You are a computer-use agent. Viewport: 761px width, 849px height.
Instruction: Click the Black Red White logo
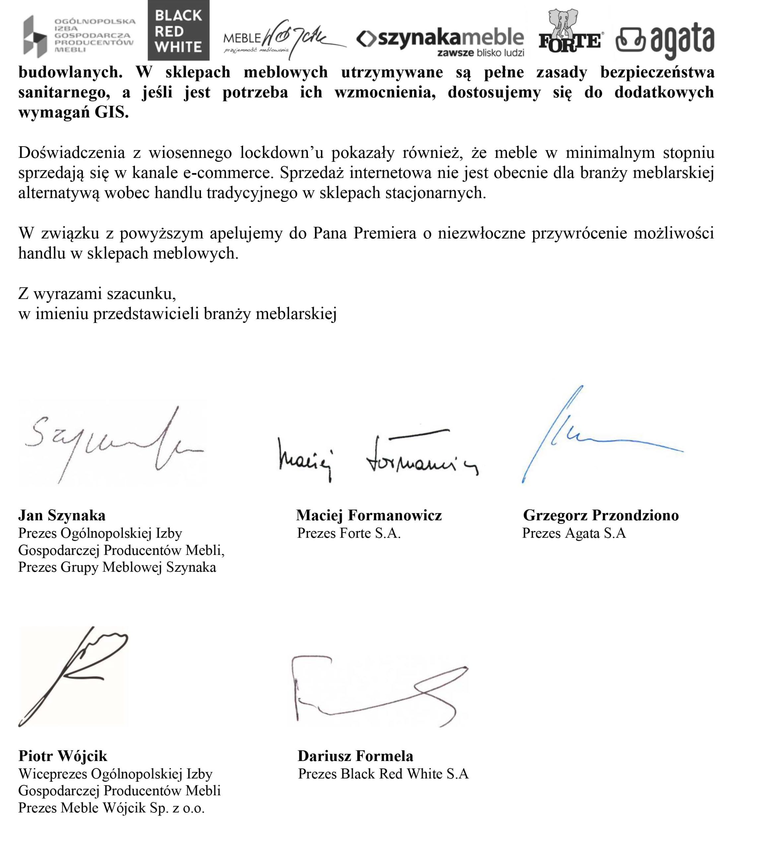(178, 31)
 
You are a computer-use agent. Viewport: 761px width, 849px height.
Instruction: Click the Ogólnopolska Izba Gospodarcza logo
(79, 35)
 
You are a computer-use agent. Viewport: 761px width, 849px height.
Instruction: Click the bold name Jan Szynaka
(62, 515)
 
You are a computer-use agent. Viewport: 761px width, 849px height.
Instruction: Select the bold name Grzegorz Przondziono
(601, 515)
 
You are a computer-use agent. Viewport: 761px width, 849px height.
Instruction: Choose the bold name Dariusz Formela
(355, 756)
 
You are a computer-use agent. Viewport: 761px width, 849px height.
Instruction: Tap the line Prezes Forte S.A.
(349, 533)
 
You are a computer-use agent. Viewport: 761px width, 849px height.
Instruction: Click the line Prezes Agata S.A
(574, 533)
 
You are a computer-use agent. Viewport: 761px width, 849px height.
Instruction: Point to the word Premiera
(385, 233)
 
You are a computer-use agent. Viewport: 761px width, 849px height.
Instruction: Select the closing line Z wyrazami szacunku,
(97, 294)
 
